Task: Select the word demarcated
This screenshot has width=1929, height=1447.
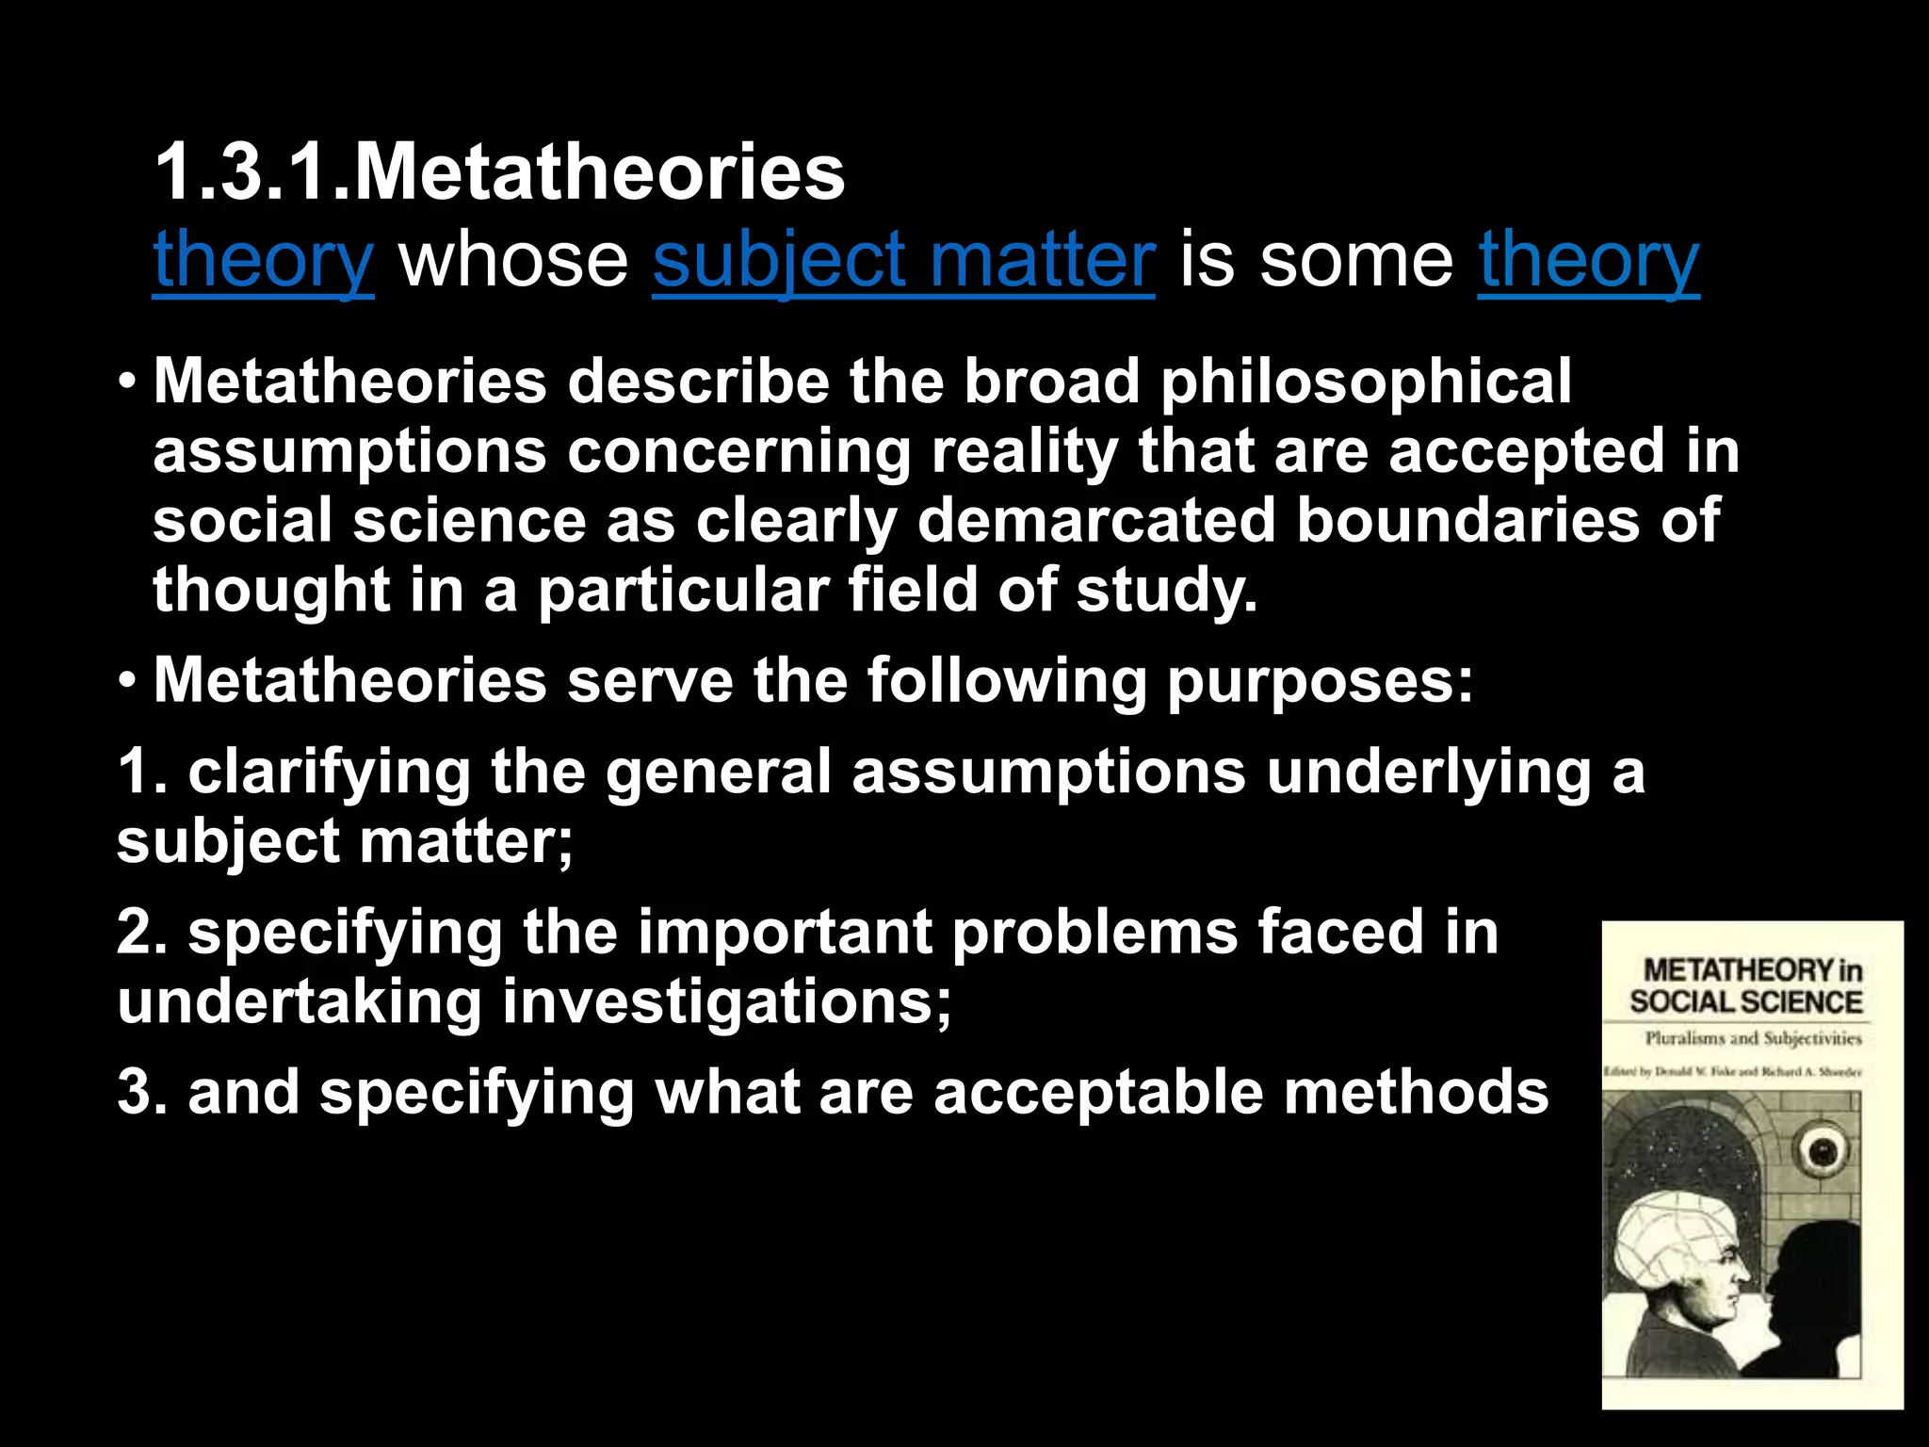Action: [1096, 520]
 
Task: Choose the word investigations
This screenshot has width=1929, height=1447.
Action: [726, 1001]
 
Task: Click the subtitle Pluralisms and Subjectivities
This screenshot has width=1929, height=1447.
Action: [1753, 1038]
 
